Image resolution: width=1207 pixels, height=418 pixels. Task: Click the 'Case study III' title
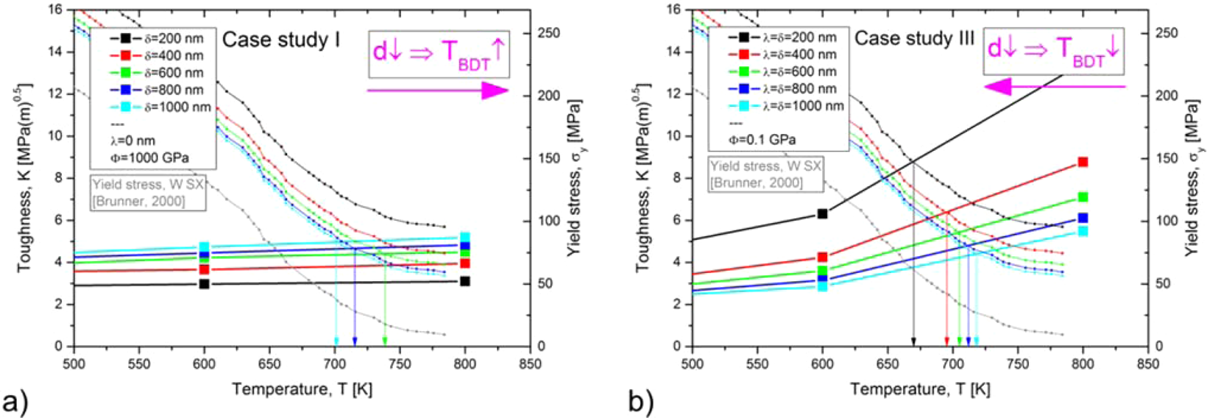914,38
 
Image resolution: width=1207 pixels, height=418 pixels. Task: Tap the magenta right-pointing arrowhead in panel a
495,91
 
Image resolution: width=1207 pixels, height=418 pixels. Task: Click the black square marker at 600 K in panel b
823,214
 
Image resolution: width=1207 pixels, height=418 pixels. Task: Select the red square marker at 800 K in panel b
1083,162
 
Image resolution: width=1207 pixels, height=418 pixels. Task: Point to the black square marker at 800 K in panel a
464,281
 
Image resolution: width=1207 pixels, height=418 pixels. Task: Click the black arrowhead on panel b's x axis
913,341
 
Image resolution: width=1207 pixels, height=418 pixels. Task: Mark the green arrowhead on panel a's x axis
385,341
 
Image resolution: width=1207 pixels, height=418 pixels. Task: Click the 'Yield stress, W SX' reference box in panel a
147,192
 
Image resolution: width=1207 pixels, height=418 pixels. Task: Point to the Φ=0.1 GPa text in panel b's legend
762,139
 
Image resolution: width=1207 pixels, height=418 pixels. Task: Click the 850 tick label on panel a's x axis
530,364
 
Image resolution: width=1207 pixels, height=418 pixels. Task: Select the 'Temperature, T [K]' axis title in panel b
920,389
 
